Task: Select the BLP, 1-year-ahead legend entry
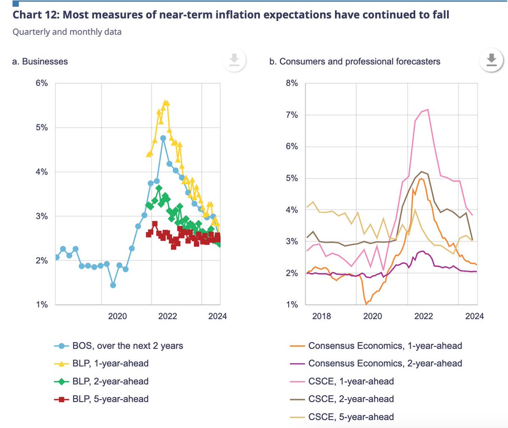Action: pyautogui.click(x=110, y=364)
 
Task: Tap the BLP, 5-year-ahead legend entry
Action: pyautogui.click(x=110, y=399)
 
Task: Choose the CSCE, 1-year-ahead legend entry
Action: pyautogui.click(x=351, y=381)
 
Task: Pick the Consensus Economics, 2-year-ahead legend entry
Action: pyautogui.click(x=385, y=364)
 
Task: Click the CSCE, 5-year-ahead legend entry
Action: pyautogui.click(x=351, y=417)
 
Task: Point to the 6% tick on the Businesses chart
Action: pyautogui.click(x=41, y=83)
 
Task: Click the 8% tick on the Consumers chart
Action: pyautogui.click(x=292, y=83)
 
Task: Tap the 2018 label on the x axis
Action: pyautogui.click(x=322, y=316)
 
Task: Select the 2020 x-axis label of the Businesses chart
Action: pyautogui.click(x=117, y=316)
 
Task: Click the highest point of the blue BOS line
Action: pyautogui.click(x=163, y=138)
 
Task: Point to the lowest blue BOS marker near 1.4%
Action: pyautogui.click(x=113, y=285)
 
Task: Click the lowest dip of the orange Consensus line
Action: pyautogui.click(x=366, y=304)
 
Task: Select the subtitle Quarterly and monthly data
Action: pyautogui.click(x=67, y=32)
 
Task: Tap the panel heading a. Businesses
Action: pyautogui.click(x=40, y=62)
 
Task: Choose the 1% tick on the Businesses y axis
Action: pyautogui.click(x=41, y=305)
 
